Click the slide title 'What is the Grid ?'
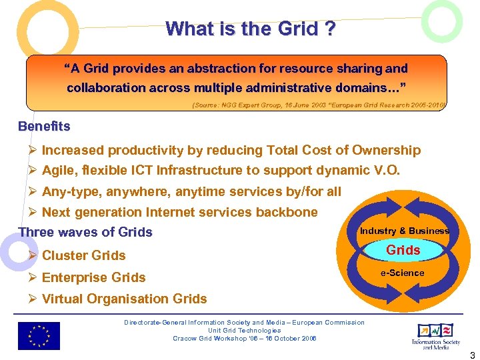250,29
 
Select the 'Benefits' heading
44,126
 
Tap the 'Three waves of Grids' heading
85,232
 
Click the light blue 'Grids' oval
403,250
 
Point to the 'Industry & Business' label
404,231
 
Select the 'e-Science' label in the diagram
402,273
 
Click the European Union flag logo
39,335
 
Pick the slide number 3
471,354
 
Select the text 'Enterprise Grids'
94,277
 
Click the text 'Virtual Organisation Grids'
124,299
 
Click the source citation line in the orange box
319,105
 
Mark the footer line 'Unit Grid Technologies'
244,330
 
